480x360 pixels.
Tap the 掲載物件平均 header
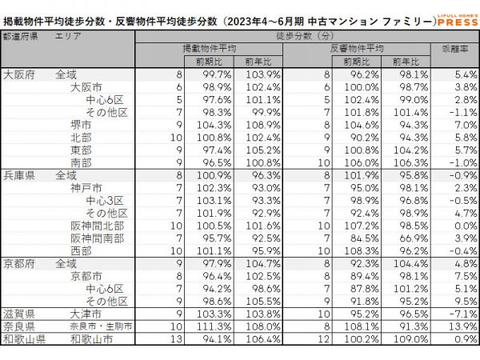[x=210, y=49]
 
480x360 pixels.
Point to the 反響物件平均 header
[x=358, y=49]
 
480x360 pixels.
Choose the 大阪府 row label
[x=20, y=74]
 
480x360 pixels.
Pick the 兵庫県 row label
[x=20, y=174]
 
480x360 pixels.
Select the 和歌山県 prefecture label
[x=25, y=339]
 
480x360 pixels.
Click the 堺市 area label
[x=82, y=125]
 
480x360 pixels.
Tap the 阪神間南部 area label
[x=97, y=238]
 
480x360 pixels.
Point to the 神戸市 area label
[x=86, y=187]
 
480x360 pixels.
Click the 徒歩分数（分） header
[x=304, y=37]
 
